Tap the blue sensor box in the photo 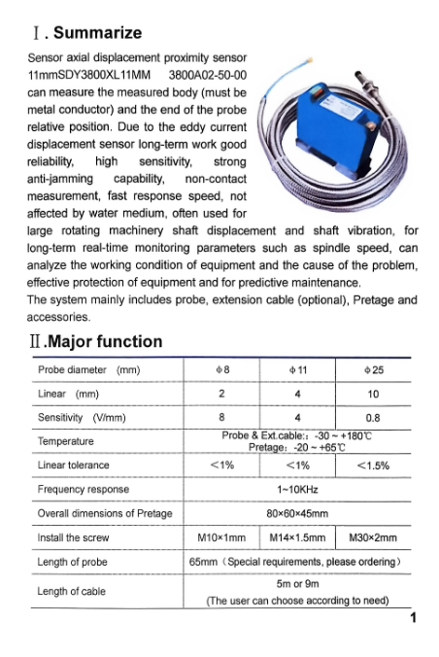(335, 121)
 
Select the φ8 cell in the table (222, 370)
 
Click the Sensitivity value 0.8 (373, 418)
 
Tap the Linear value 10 (373, 395)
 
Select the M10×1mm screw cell (222, 537)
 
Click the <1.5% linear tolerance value (373, 466)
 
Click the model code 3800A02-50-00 (210, 75)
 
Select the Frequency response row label (83, 489)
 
